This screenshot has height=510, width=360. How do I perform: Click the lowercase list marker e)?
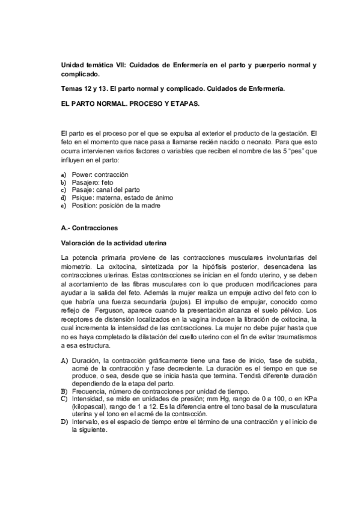[64, 205]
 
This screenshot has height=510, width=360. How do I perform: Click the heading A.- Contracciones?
[90, 229]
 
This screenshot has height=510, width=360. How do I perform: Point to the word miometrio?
[77, 265]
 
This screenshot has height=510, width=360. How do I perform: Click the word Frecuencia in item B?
[88, 391]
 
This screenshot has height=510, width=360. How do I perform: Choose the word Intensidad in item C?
[88, 398]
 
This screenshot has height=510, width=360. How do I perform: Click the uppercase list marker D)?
[64, 422]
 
